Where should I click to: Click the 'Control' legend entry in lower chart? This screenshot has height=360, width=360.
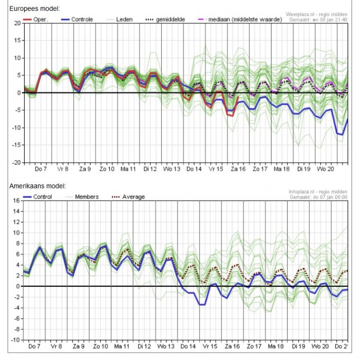pyautogui.click(x=44, y=197)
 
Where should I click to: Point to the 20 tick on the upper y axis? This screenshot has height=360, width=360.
pyautogui.click(x=17, y=23)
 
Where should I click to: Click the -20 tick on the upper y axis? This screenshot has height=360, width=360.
pyautogui.click(x=16, y=162)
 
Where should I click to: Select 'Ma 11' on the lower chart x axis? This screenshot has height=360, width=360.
pyautogui.click(x=121, y=347)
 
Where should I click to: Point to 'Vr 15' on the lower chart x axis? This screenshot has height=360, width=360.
pyautogui.click(x=209, y=347)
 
